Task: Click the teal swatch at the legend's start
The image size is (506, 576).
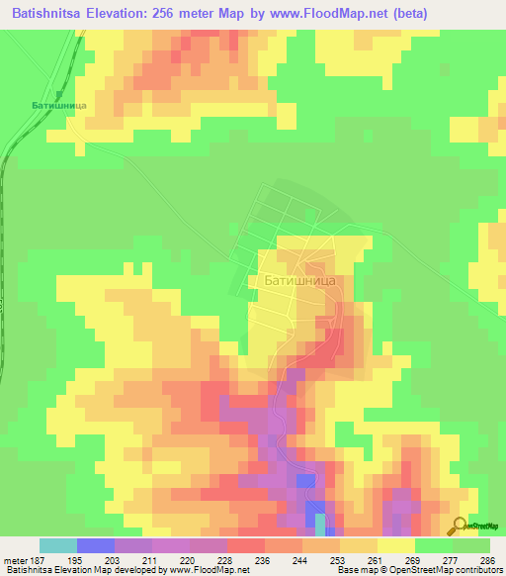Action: click(58, 545)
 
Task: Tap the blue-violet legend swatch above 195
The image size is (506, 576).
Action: click(96, 545)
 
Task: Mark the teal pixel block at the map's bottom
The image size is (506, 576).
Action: click(319, 520)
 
